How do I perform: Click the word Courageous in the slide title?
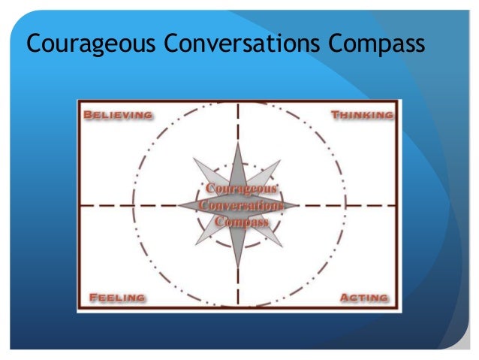(81, 47)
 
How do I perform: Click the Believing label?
(119, 115)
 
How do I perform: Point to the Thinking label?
(362, 115)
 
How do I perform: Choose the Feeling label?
(117, 298)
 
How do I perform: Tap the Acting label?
(364, 298)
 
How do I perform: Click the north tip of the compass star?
(238, 141)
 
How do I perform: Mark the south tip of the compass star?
(238, 268)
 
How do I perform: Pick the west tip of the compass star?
(179, 204)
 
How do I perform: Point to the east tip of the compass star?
(298, 204)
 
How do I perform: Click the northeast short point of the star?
(279, 162)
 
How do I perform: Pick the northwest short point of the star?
(195, 160)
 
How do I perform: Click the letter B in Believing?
(88, 115)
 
